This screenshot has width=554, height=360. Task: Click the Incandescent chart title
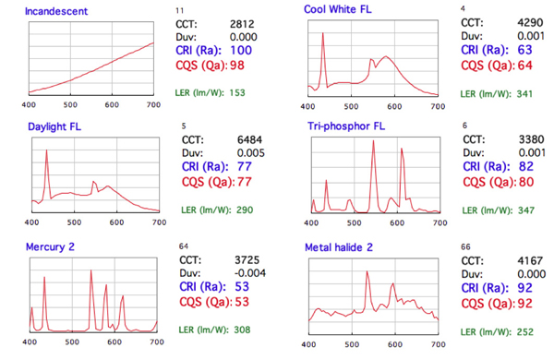[x=58, y=12]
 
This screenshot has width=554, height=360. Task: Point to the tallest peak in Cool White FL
[x=323, y=35]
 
